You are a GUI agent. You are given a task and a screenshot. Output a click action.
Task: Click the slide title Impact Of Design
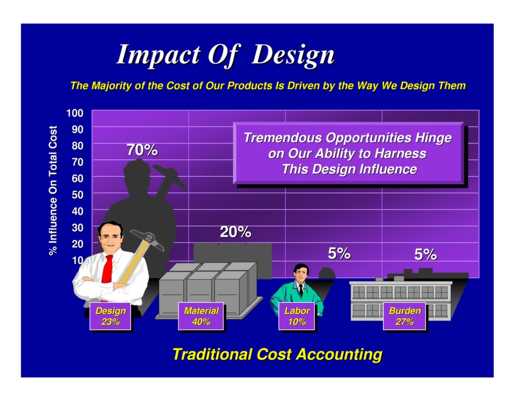click(x=225, y=55)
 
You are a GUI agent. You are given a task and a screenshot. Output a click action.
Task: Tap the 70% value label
click(x=142, y=150)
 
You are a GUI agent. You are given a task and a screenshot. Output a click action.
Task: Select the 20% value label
click(x=235, y=232)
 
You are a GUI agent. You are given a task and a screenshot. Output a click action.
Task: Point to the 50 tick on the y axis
click(x=78, y=194)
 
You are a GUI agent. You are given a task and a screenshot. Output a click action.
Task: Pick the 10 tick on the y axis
click(x=78, y=260)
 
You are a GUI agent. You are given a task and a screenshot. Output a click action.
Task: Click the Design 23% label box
click(x=110, y=316)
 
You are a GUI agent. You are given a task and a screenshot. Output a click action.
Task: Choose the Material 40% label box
click(x=201, y=316)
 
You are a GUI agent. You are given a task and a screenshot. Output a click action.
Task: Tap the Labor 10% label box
click(x=297, y=316)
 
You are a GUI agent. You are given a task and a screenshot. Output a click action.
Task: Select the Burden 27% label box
click(x=405, y=316)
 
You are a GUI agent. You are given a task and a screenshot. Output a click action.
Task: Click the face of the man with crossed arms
click(x=111, y=237)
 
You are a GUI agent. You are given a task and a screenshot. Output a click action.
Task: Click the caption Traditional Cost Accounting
click(x=277, y=354)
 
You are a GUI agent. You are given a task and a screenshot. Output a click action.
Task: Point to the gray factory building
click(x=401, y=299)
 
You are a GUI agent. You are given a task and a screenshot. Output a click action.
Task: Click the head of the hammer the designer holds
click(x=147, y=239)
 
